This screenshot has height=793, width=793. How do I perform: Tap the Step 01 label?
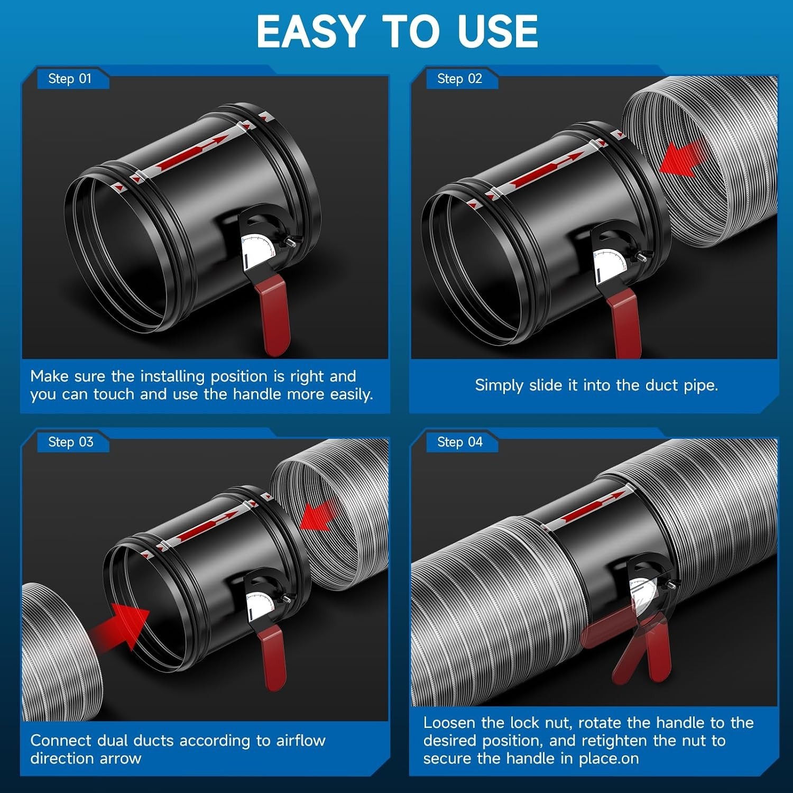tap(70, 79)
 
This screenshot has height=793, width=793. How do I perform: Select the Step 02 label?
tap(459, 79)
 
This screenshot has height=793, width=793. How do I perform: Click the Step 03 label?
tap(70, 442)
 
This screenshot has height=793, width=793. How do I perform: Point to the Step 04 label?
tap(460, 442)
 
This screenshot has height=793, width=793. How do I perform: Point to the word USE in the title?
tap(497, 31)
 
